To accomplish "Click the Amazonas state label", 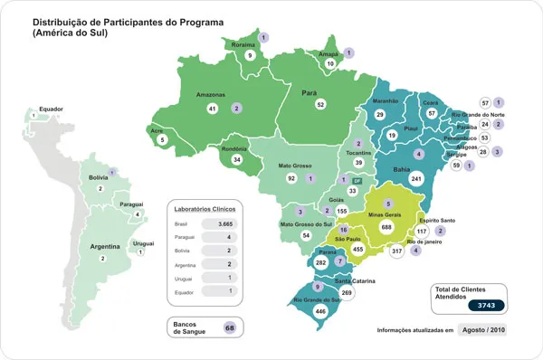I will (213, 94).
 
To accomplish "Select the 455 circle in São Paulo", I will (358, 249).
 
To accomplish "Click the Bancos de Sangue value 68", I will (230, 327).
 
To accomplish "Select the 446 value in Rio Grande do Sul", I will (320, 310).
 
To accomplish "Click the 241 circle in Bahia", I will (416, 179).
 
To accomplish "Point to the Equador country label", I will (51, 109).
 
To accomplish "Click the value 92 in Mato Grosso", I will (291, 179).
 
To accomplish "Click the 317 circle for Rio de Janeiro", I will (396, 251).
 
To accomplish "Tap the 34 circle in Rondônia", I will (236, 159).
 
